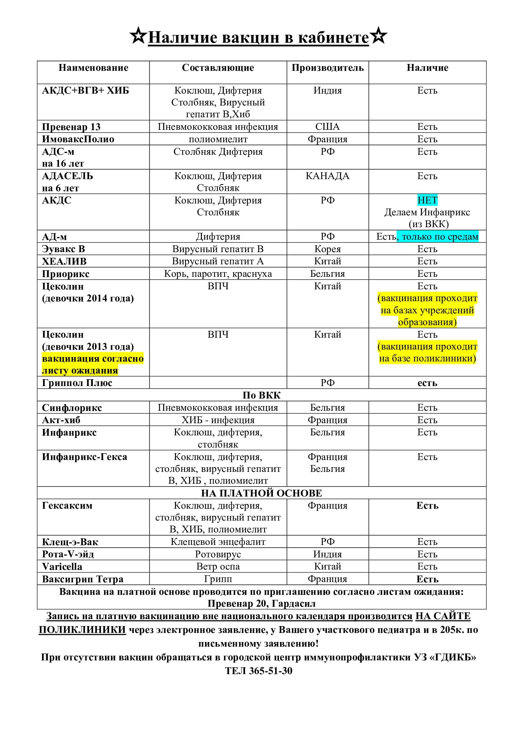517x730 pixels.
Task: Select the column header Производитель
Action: tap(327, 68)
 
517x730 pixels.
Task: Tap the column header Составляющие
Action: tap(218, 68)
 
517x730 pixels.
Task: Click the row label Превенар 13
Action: tap(71, 126)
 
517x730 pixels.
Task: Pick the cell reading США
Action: tap(327, 126)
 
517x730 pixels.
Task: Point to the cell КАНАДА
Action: tap(327, 176)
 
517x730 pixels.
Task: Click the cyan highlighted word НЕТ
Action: tap(427, 200)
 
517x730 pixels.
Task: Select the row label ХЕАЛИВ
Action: tap(64, 261)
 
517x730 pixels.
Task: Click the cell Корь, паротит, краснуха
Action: tap(218, 273)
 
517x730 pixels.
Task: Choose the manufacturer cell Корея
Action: tap(327, 249)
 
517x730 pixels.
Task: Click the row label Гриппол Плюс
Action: tap(77, 383)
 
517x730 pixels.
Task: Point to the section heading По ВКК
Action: tap(261, 395)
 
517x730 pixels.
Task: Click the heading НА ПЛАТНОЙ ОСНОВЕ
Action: tap(261, 493)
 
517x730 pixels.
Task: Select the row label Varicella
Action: tap(62, 566)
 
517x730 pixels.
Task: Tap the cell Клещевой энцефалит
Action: tap(218, 541)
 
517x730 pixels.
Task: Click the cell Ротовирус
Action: tap(218, 554)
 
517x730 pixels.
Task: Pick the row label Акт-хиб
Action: tap(61, 420)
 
